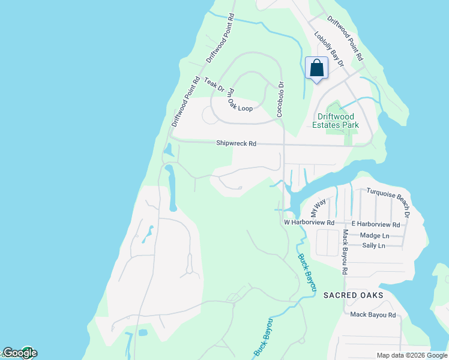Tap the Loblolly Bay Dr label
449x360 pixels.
click(328, 49)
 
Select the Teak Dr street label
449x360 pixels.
click(214, 85)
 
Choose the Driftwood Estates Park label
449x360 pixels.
click(335, 121)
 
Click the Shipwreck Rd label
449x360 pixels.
click(236, 144)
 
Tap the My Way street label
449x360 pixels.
click(317, 208)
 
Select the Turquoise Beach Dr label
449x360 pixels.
click(387, 202)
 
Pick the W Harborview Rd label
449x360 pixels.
click(309, 223)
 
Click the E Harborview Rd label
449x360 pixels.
click(379, 224)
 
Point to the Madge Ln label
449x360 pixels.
click(374, 235)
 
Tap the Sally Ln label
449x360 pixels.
click(373, 245)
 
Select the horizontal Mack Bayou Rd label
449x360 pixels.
click(373, 314)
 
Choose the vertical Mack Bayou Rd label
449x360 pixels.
click(345, 252)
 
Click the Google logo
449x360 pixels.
click(19, 353)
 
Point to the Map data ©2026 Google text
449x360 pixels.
click(411, 355)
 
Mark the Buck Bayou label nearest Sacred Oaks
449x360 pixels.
click(306, 274)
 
